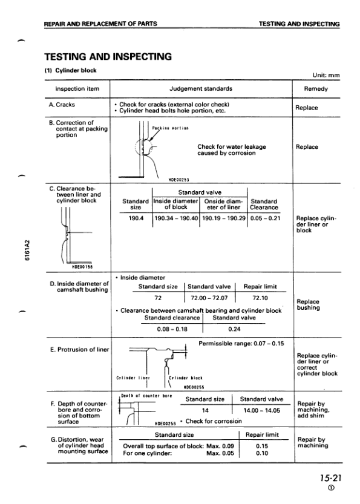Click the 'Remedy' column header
[x=318, y=89]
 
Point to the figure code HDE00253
[x=178, y=179]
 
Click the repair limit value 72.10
[x=260, y=298]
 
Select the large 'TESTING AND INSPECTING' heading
[x=108, y=57]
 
